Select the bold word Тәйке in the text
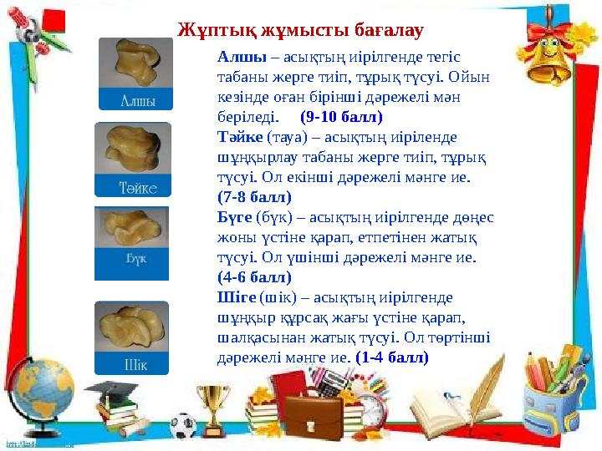pos(237,137)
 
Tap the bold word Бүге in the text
pos(233,217)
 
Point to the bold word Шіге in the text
pos(236,297)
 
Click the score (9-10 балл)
pos(340,117)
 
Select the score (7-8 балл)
pos(253,197)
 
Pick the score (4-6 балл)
pos(253,277)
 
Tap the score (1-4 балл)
pos(392,357)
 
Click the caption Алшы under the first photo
pos(135,99)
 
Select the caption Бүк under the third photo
pos(134,259)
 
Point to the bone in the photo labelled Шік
pos(132,326)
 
